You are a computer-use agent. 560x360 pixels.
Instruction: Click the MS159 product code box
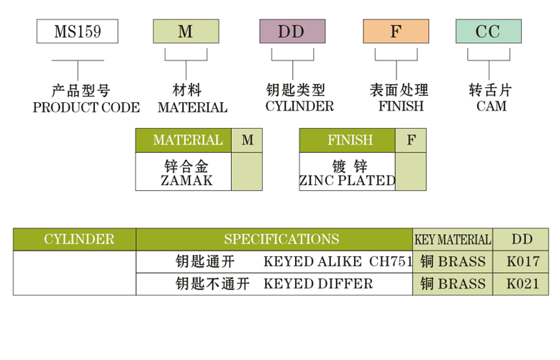click(x=77, y=32)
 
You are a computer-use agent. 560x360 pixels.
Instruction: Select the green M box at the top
click(x=186, y=32)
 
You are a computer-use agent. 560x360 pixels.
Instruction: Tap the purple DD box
click(x=292, y=32)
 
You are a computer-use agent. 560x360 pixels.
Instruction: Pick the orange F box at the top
click(x=395, y=32)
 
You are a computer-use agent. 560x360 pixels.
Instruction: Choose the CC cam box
click(x=488, y=32)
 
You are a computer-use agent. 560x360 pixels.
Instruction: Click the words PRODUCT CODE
click(x=86, y=107)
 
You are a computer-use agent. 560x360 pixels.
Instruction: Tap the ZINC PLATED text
click(x=348, y=181)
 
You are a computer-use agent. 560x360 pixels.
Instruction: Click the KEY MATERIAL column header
click(x=453, y=240)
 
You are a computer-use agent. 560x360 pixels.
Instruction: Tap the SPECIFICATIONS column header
click(x=281, y=239)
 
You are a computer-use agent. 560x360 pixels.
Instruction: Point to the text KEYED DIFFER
click(x=318, y=284)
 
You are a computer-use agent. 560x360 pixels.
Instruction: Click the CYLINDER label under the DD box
click(x=299, y=107)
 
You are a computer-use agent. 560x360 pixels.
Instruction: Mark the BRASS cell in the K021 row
click(x=453, y=284)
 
